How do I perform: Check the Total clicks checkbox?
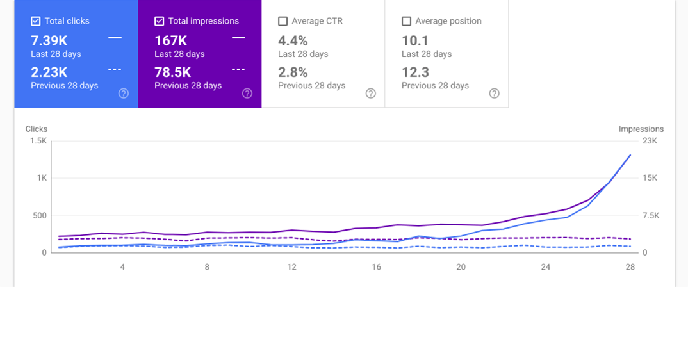(36, 21)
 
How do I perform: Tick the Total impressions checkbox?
(160, 21)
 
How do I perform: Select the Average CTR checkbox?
(283, 21)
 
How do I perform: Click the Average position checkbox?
(406, 21)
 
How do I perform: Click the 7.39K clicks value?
(49, 40)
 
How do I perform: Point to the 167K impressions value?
(170, 40)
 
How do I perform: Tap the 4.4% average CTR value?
(293, 40)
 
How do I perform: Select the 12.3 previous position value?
(415, 72)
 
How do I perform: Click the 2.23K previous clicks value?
(49, 72)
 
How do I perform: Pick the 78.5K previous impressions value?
(172, 72)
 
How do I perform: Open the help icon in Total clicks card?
(124, 94)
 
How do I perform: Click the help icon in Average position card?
(494, 94)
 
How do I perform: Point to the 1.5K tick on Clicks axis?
(38, 141)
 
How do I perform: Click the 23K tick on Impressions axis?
(650, 141)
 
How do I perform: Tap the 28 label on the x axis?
(630, 267)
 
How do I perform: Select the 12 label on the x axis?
(291, 267)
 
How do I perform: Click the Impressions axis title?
(641, 129)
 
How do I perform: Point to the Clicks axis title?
(37, 129)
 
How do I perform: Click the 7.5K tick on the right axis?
(651, 216)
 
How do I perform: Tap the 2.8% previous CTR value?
(293, 72)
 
